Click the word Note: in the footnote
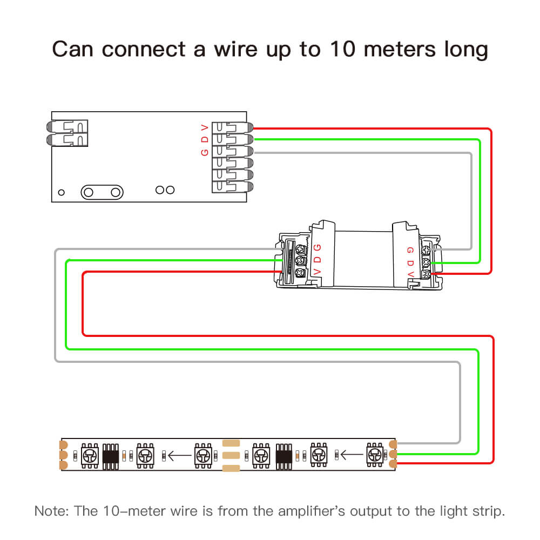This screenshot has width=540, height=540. (50, 510)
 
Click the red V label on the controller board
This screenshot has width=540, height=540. (204, 128)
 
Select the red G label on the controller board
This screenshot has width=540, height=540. (204, 152)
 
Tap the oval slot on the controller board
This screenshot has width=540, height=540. (101, 192)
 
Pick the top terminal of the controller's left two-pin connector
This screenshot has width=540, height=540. (67, 127)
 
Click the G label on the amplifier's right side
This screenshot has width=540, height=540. (410, 251)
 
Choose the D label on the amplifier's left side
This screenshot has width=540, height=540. (317, 260)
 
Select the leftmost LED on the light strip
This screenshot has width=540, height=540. (89, 454)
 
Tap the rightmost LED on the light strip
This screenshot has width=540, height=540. (374, 454)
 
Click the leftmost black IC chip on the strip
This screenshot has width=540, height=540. (110, 454)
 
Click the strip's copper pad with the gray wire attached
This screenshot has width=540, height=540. (393, 443)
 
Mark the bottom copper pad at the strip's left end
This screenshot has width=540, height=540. (64, 465)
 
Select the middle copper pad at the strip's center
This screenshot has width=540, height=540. (230, 455)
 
